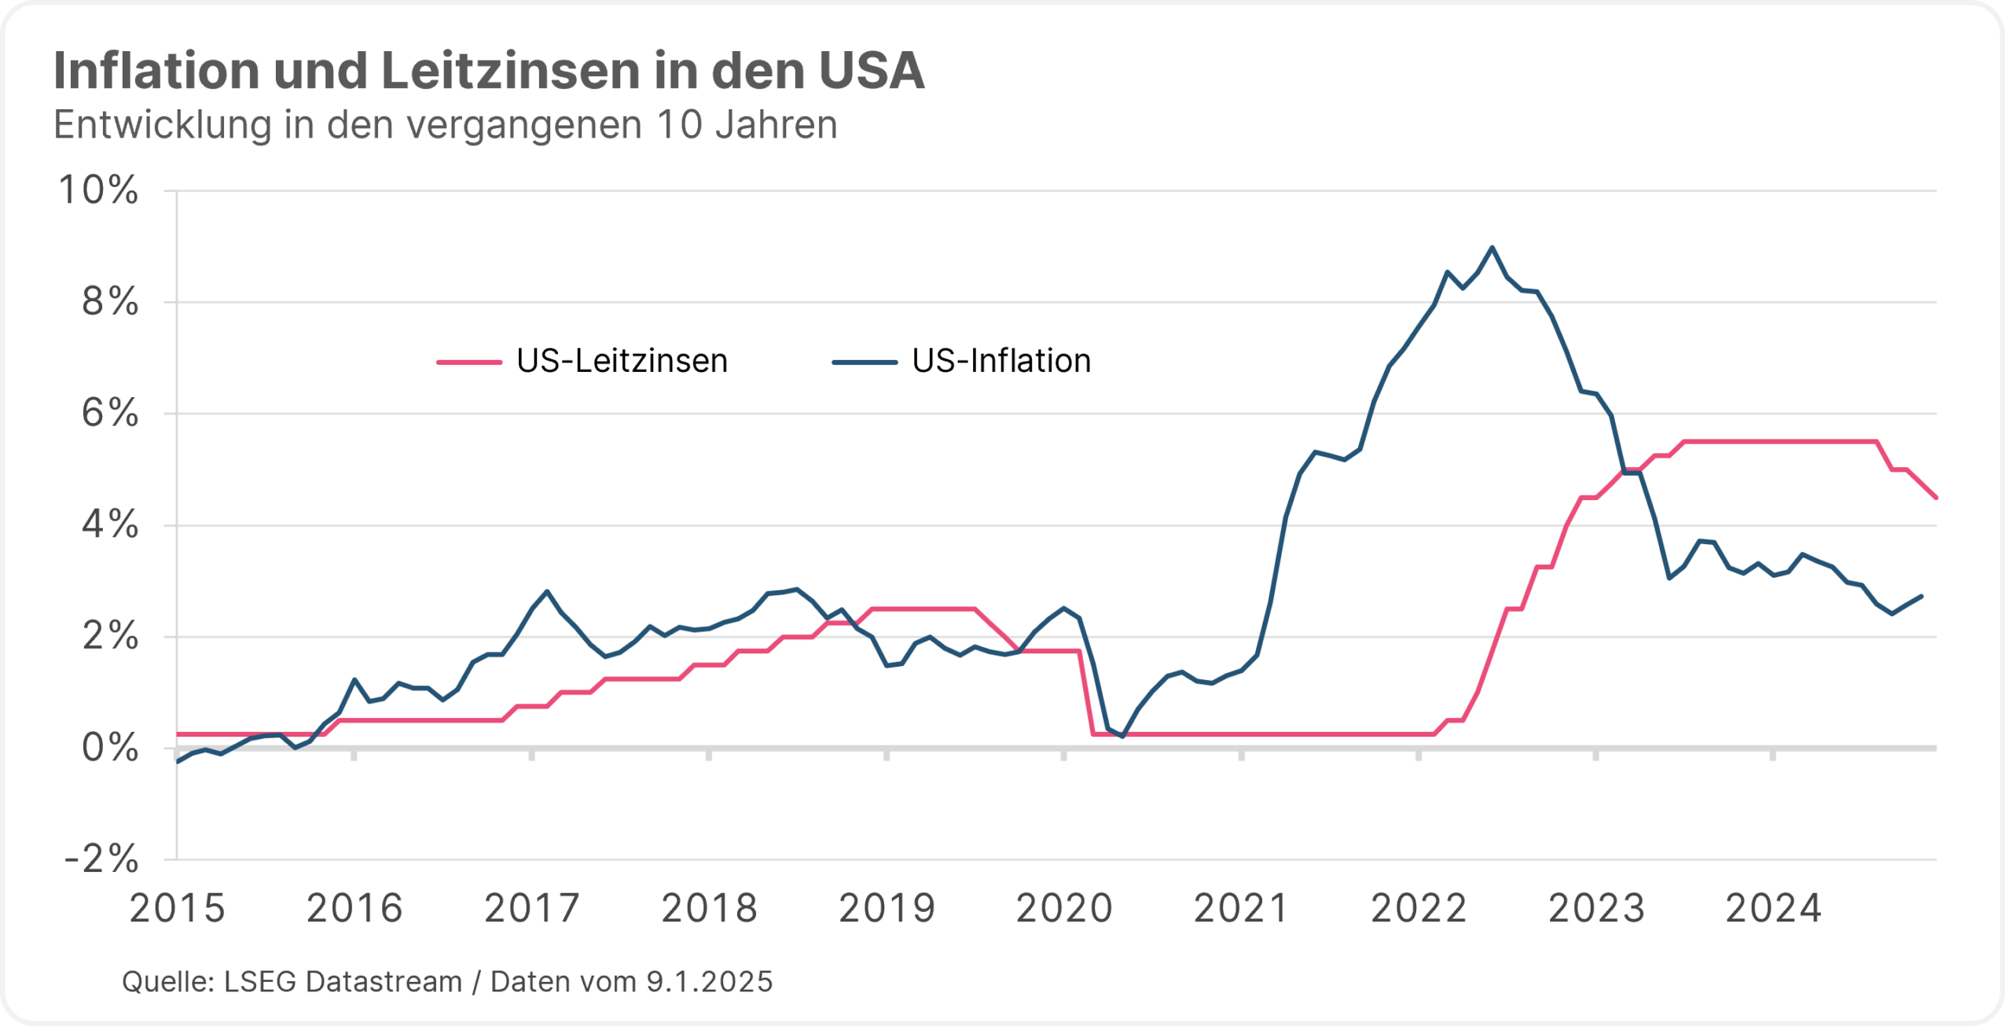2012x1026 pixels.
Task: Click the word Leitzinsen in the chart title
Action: tap(510, 71)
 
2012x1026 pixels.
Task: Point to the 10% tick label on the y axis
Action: tap(99, 190)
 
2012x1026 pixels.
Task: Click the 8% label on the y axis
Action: tap(110, 302)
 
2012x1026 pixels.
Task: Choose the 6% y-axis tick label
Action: tap(110, 414)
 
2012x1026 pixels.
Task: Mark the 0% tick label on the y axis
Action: tap(110, 748)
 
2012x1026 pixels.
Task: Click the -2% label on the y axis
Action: tap(102, 859)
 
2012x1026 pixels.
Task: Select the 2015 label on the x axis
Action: tap(177, 909)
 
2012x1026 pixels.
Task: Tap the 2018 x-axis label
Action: tap(709, 909)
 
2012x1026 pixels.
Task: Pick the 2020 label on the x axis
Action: tap(1064, 909)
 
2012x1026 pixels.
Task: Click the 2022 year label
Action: tap(1419, 909)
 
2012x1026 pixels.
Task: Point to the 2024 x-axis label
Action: tap(1773, 909)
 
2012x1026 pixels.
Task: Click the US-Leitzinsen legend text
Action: tap(622, 362)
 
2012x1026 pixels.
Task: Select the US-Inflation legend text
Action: tap(1001, 362)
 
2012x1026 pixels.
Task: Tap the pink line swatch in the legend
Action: tap(469, 362)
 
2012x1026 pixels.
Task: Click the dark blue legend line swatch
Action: tap(865, 362)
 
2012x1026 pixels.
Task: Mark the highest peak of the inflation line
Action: tap(1492, 248)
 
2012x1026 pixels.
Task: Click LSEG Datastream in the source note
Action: tap(343, 982)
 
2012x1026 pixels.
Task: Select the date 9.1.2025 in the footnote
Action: tap(710, 982)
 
